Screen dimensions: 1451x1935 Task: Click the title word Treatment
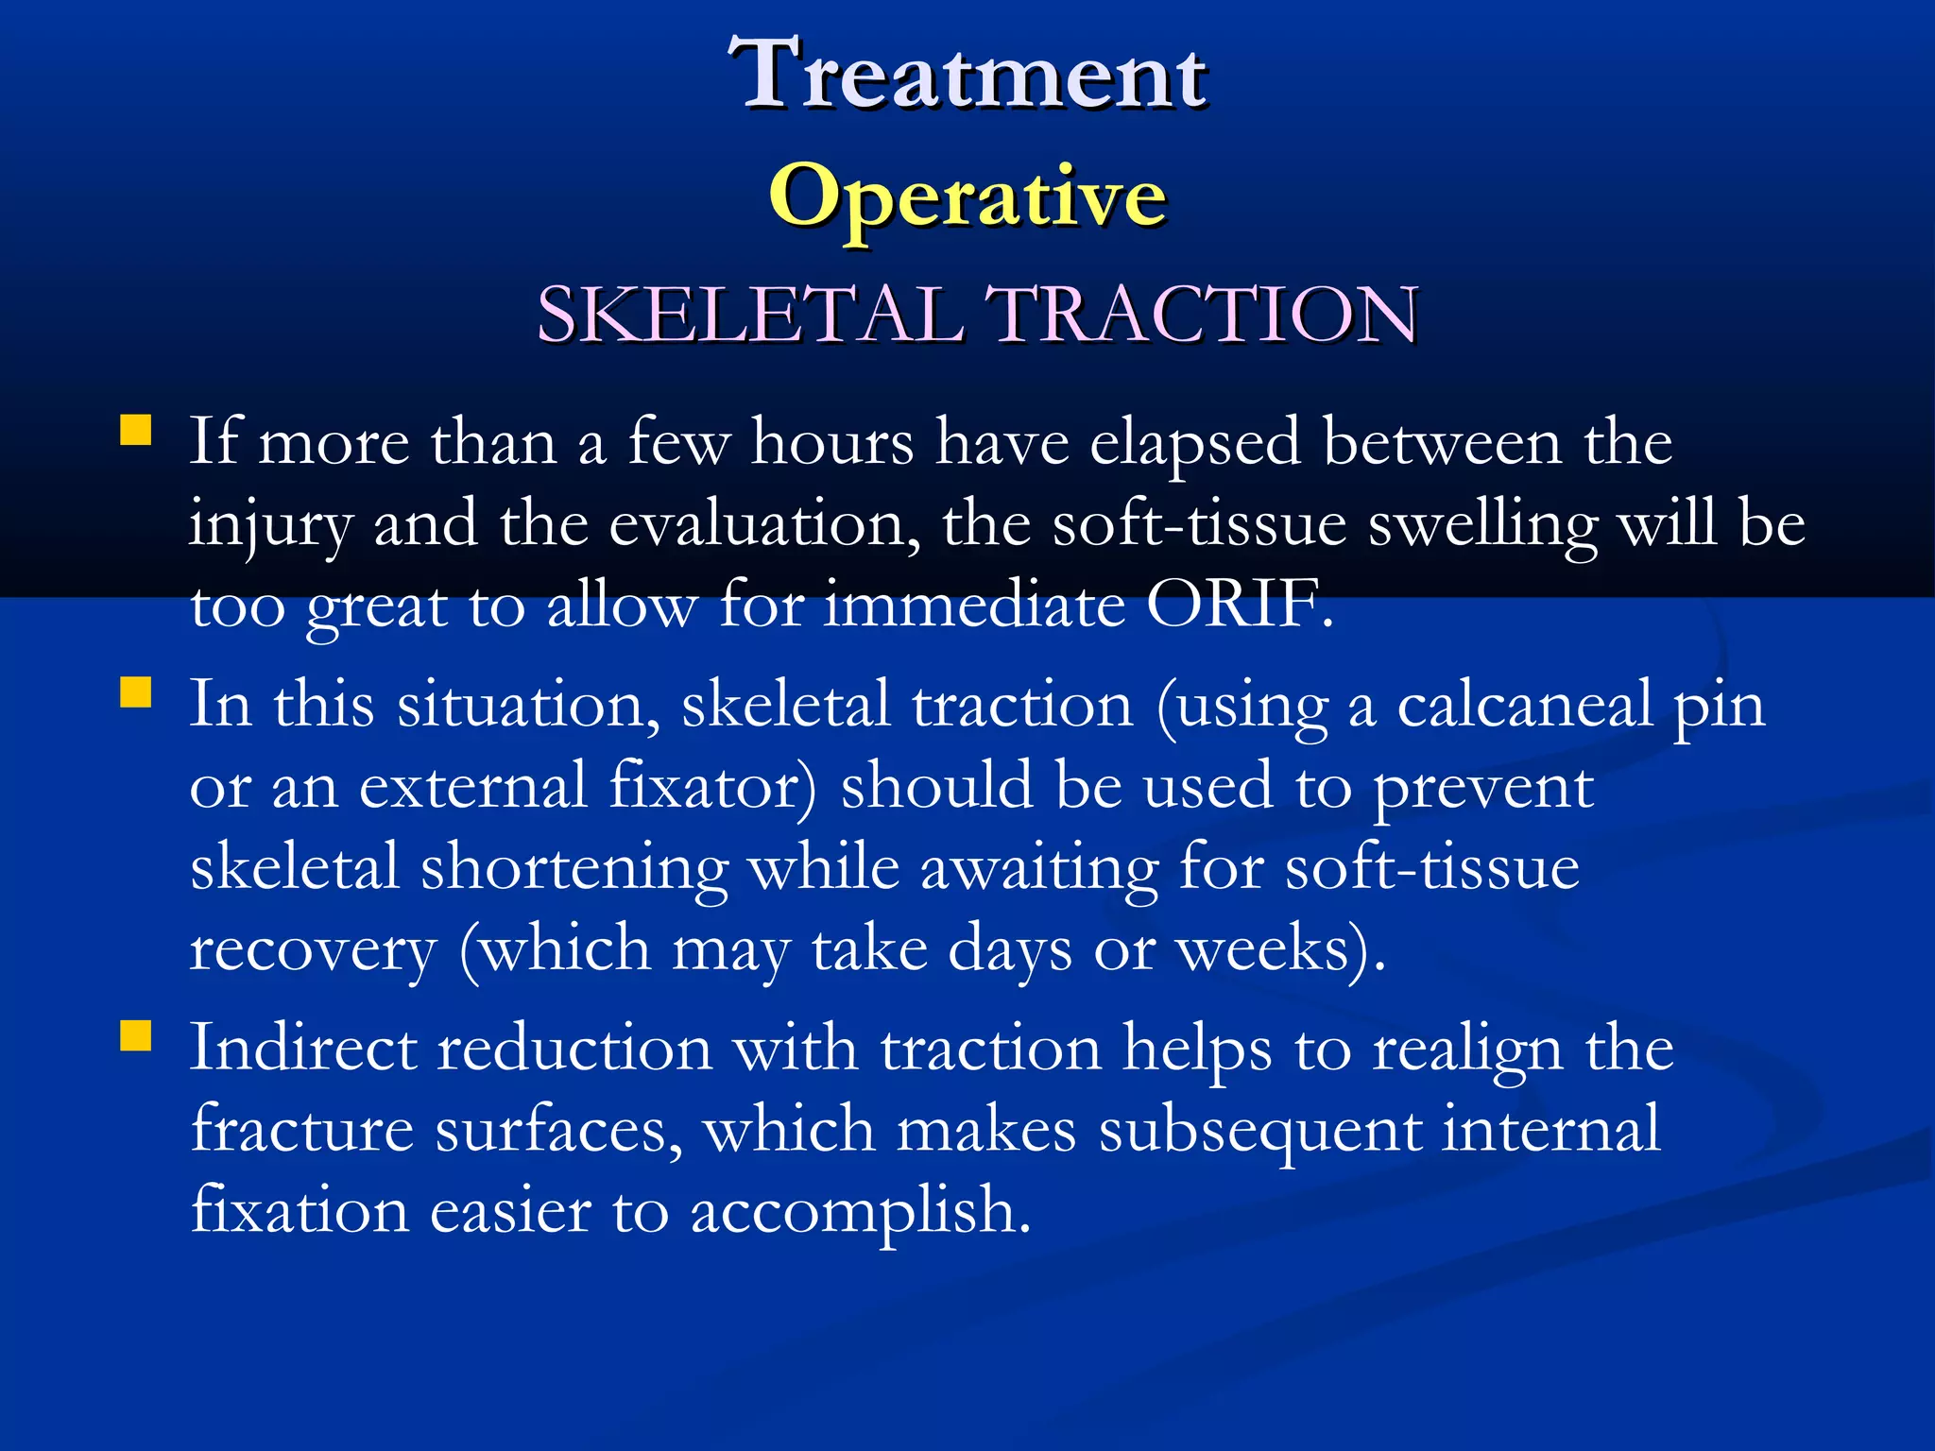click(967, 74)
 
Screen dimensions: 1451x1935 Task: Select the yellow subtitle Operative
click(967, 196)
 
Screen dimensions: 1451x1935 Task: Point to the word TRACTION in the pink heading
click(1201, 314)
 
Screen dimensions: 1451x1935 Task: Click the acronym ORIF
click(1238, 605)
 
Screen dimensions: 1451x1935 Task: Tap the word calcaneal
click(1524, 705)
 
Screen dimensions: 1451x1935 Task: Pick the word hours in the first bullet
click(832, 442)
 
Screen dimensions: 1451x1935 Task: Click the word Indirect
click(302, 1048)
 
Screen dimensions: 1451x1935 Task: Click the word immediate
click(974, 605)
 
